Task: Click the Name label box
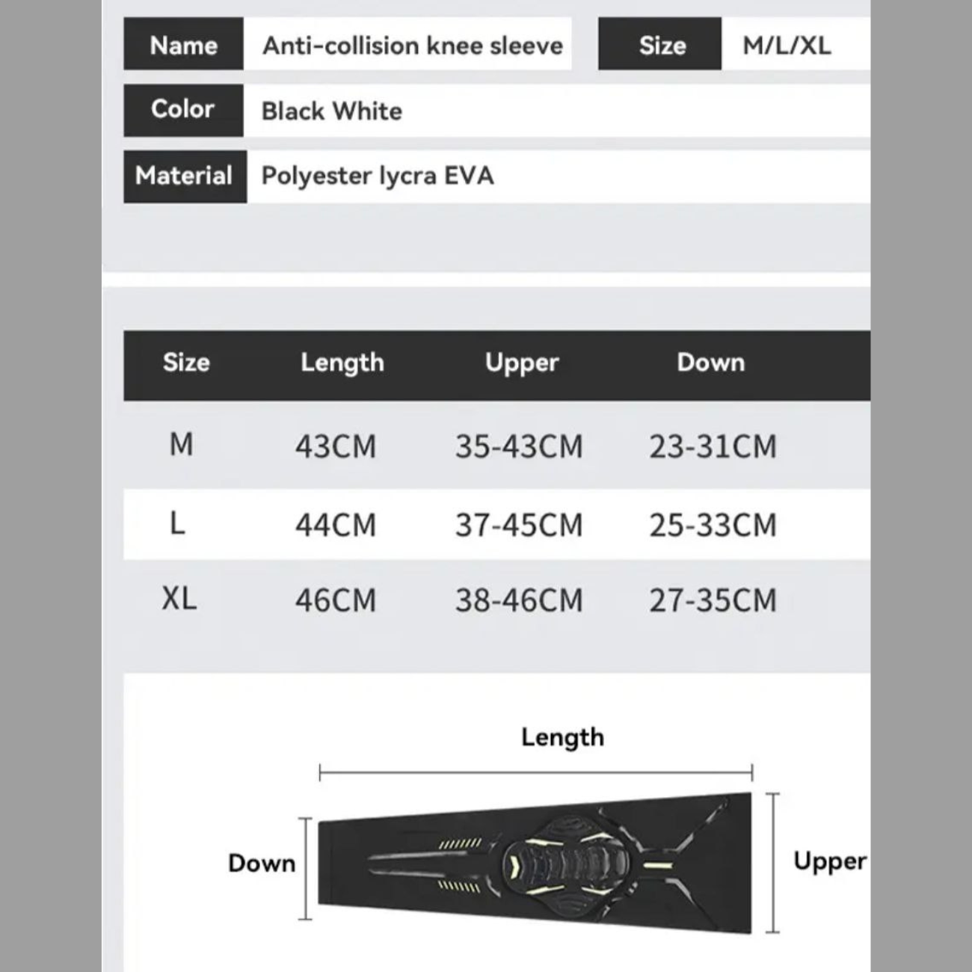(183, 45)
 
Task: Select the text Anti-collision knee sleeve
(412, 46)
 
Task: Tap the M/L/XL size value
(787, 46)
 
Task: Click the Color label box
(183, 109)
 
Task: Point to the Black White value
(331, 111)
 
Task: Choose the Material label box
(184, 176)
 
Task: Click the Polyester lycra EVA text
(377, 176)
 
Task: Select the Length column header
(342, 363)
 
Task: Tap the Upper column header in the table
(522, 363)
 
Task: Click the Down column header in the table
(710, 363)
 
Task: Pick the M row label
(181, 445)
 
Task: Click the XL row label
(179, 598)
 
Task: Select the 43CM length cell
(336, 447)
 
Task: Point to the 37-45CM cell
(519, 525)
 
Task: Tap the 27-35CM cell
(713, 600)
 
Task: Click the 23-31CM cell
(713, 447)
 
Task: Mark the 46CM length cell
(336, 600)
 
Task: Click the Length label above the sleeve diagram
(562, 737)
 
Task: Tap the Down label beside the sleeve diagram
(262, 863)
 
